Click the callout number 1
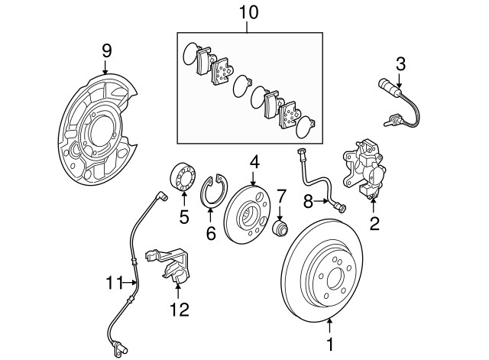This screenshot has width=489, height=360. pyautogui.click(x=330, y=345)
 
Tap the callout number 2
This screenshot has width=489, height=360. pyautogui.click(x=374, y=224)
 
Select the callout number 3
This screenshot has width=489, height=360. pyautogui.click(x=400, y=63)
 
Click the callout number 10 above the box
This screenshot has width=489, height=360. pyautogui.click(x=248, y=13)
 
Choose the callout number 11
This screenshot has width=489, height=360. pyautogui.click(x=114, y=283)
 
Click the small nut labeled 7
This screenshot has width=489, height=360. pyautogui.click(x=282, y=227)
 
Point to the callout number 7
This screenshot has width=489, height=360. pyautogui.click(x=281, y=195)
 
